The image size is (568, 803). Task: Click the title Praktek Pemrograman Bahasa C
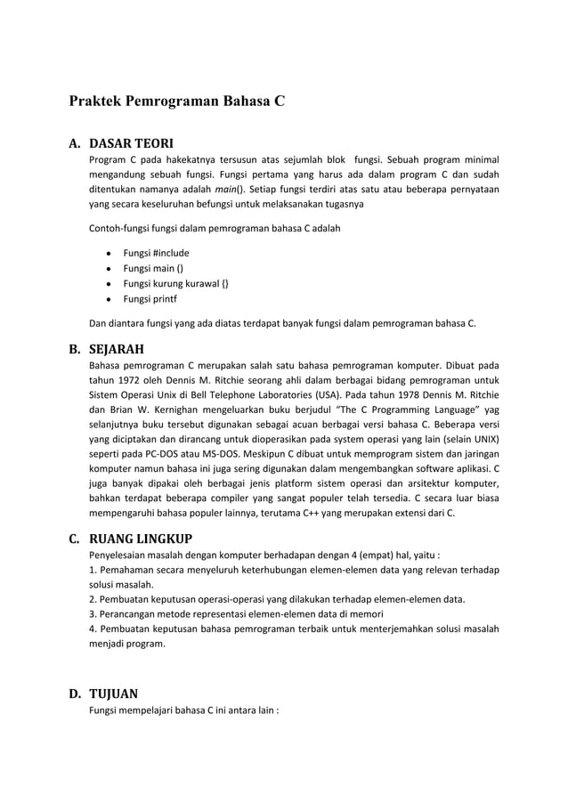tap(177, 100)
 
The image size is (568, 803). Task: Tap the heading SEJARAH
tap(117, 348)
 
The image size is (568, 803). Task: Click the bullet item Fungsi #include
tap(156, 253)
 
